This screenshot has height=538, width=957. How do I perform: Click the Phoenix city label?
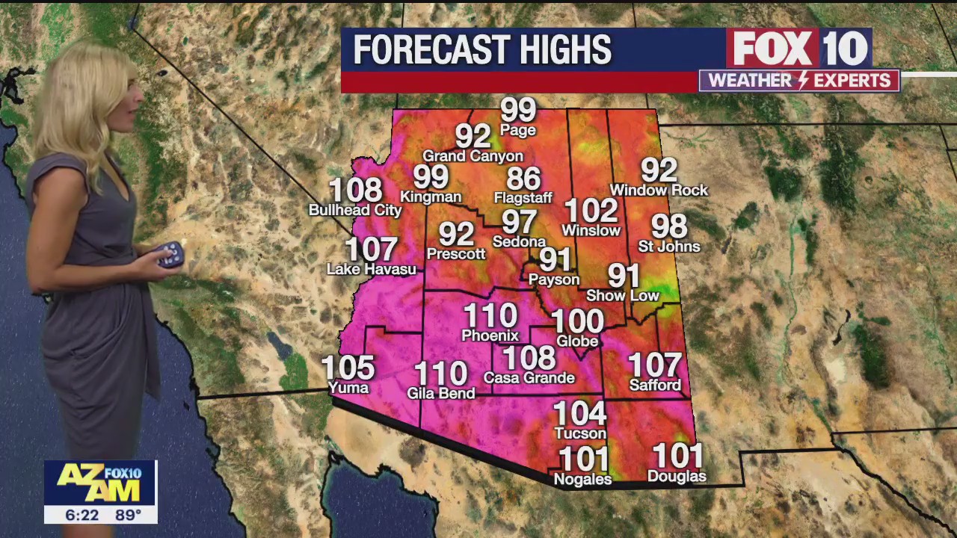coord(490,336)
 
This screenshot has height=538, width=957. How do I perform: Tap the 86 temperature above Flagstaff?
coord(523,179)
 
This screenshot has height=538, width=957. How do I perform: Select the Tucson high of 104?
coord(580,413)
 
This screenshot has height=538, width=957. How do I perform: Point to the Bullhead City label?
coord(355,211)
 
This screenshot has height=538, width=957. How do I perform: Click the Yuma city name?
coord(348,388)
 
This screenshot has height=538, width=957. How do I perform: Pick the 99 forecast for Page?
coord(518,111)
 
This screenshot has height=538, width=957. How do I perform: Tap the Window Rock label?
coord(659,191)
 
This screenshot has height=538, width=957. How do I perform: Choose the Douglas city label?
coord(676,477)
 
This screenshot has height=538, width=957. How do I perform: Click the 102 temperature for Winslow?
coord(591,211)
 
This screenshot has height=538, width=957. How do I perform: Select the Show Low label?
coord(622,296)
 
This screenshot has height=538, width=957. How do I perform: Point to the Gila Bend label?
coord(440,393)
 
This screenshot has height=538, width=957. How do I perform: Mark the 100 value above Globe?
coord(577,322)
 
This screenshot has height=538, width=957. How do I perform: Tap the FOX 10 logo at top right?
coord(799,49)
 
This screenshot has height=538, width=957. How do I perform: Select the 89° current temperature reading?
coord(128,515)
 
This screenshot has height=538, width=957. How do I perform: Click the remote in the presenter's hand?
coord(170,255)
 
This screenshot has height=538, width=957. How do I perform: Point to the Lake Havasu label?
coord(372,269)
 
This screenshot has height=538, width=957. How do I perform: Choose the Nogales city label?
coord(582,480)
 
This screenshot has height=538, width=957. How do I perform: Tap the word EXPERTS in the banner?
coord(852,81)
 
